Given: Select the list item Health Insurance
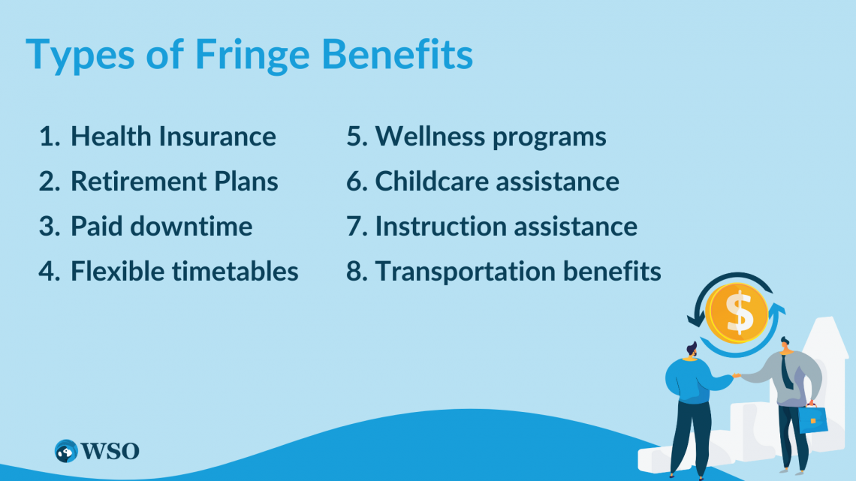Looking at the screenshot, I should point(173,137).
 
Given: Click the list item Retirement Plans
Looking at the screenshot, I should point(174,182).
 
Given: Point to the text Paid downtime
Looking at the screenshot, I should point(161,226).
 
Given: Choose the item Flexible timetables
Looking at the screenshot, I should point(185,271).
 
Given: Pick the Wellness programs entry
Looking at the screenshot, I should point(490,137).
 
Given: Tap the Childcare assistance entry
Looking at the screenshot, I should point(497,182).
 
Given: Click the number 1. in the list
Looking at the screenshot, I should point(50,137).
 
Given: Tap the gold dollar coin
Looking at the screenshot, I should point(737,312).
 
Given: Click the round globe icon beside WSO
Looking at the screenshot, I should point(67,451).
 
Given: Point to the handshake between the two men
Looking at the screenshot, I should point(737,375).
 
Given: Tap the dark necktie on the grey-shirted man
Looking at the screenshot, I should point(786,371).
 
